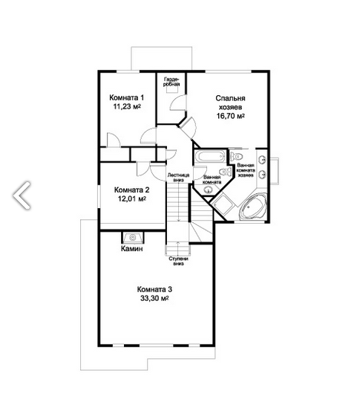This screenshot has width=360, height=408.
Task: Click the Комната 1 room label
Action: [126, 97]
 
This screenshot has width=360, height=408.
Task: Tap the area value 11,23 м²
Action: [127, 106]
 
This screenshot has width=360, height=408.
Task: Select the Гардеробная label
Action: [171, 82]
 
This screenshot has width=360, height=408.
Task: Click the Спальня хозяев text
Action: [230, 103]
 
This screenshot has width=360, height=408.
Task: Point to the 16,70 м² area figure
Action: [231, 116]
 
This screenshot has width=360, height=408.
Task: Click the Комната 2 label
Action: [132, 190]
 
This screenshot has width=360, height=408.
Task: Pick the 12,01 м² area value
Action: [132, 198]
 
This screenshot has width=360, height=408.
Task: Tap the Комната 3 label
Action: [154, 289]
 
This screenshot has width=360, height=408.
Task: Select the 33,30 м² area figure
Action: [154, 298]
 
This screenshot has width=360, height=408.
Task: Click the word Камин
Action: [132, 249]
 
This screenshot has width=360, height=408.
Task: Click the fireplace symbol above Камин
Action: [133, 238]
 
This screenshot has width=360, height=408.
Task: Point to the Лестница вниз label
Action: [178, 177]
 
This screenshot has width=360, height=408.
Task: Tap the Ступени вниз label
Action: [179, 261]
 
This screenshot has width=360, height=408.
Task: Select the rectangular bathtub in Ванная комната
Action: [209, 157]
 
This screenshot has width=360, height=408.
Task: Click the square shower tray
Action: [223, 204]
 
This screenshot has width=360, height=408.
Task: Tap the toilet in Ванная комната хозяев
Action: [237, 156]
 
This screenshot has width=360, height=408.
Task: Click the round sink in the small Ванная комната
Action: [208, 191]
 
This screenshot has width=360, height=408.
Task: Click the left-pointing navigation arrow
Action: [22, 195]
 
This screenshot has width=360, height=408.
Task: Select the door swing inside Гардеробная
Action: [178, 103]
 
